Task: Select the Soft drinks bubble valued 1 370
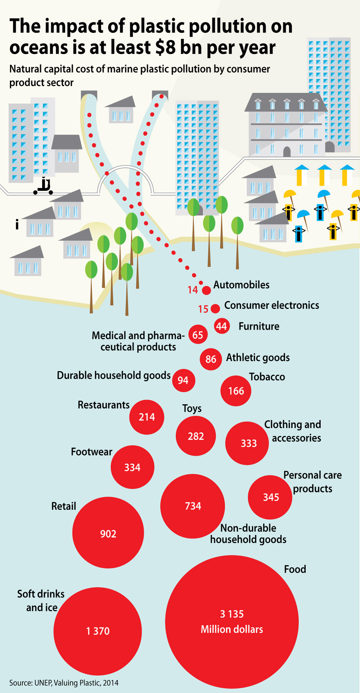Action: coord(98,631)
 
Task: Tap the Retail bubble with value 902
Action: coord(108,533)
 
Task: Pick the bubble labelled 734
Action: coord(193,506)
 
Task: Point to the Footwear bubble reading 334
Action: coord(132,467)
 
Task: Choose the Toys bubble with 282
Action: coord(196,436)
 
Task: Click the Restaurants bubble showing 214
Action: coord(147,417)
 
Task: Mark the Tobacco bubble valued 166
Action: coord(236,391)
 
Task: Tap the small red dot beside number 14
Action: coord(206,290)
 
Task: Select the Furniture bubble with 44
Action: coord(222,326)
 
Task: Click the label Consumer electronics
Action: coord(272,305)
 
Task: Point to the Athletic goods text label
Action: coord(258,357)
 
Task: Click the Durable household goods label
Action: coord(114,375)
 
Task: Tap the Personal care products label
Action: coord(312,482)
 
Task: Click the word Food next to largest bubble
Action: coord(295,569)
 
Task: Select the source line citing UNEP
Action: coord(64,683)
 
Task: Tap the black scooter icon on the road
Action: coord(43,186)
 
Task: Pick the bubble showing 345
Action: coord(270,497)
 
